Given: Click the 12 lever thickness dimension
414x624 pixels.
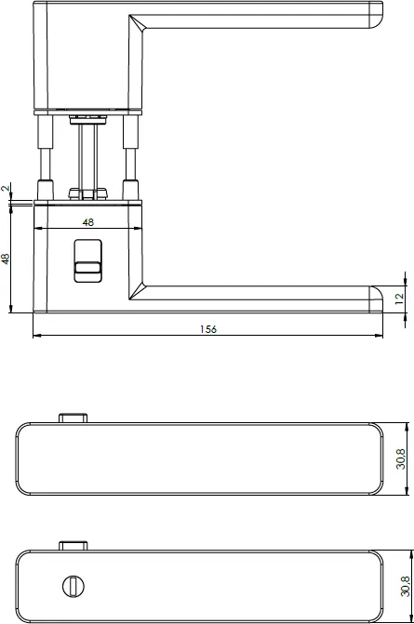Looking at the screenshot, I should click(399, 299).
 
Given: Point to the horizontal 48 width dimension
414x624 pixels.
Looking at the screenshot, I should click(88, 222).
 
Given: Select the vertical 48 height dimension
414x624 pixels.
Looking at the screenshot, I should click(6, 259).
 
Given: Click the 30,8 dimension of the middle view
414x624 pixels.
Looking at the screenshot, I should click(401, 459).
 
